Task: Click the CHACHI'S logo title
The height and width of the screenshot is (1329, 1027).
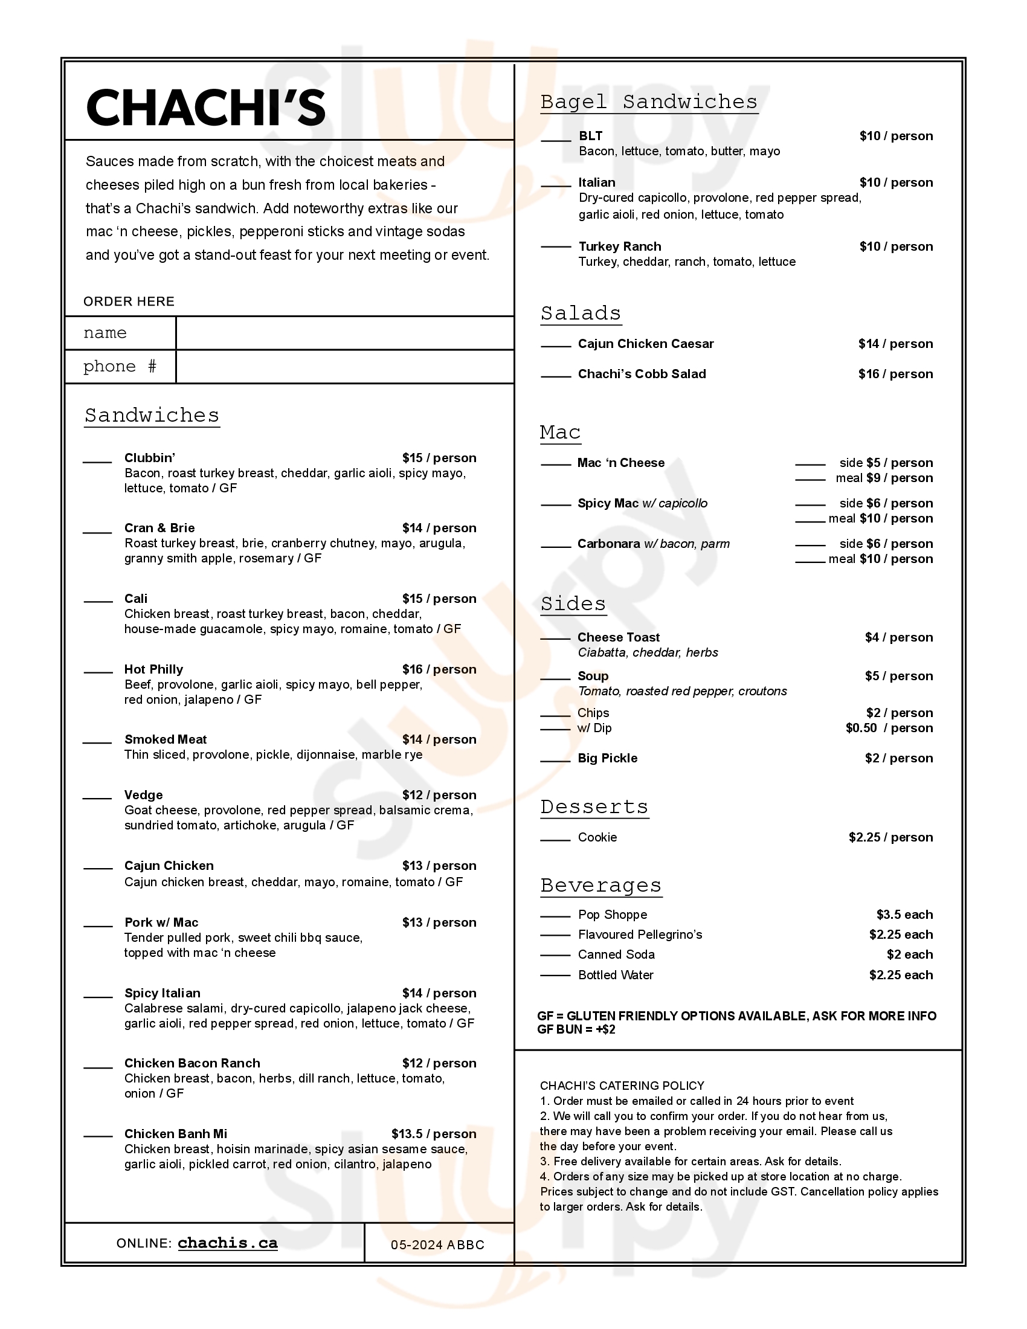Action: (x=205, y=108)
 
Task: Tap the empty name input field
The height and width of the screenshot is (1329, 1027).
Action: (x=344, y=333)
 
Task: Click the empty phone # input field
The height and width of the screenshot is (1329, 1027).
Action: (x=344, y=366)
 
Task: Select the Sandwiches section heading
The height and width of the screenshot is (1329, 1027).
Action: (x=152, y=416)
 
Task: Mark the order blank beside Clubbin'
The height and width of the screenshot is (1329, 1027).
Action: (x=97, y=462)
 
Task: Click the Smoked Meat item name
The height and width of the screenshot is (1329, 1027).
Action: (x=166, y=739)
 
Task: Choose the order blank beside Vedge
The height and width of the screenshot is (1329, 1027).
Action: (x=97, y=798)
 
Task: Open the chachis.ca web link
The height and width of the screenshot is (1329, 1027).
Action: (x=228, y=1243)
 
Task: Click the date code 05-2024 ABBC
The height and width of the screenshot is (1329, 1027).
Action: (x=437, y=1245)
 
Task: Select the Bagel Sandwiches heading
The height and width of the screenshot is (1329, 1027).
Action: (x=649, y=102)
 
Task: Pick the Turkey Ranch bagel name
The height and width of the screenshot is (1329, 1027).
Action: (x=619, y=246)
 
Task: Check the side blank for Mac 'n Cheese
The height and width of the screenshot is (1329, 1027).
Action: (x=810, y=465)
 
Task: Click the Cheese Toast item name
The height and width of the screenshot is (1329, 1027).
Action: (x=618, y=637)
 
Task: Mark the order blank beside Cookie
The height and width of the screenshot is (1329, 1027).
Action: (x=555, y=840)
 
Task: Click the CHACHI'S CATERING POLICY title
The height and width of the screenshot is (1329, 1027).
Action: (x=622, y=1086)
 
